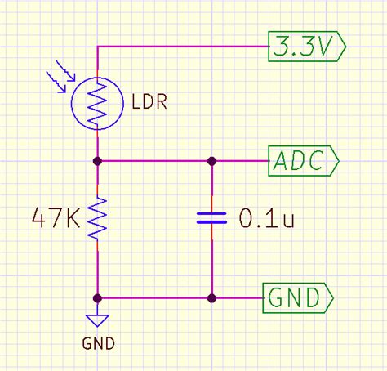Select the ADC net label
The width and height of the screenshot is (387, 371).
303,161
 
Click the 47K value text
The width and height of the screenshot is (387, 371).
55,217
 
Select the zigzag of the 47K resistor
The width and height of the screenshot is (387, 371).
97,218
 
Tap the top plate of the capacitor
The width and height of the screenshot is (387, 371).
211,212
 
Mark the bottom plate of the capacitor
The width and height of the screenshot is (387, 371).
211,223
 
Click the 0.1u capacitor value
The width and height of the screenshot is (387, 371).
266,218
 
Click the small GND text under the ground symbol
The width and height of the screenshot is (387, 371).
98,343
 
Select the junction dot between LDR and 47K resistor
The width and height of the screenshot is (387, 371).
97,161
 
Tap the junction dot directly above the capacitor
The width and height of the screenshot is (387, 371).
211,161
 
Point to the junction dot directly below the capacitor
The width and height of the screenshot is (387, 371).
211,298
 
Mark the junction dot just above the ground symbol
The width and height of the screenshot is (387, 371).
97,298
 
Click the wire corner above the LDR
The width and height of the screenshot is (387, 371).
97,47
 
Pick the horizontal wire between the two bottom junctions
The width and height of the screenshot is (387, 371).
154,298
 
